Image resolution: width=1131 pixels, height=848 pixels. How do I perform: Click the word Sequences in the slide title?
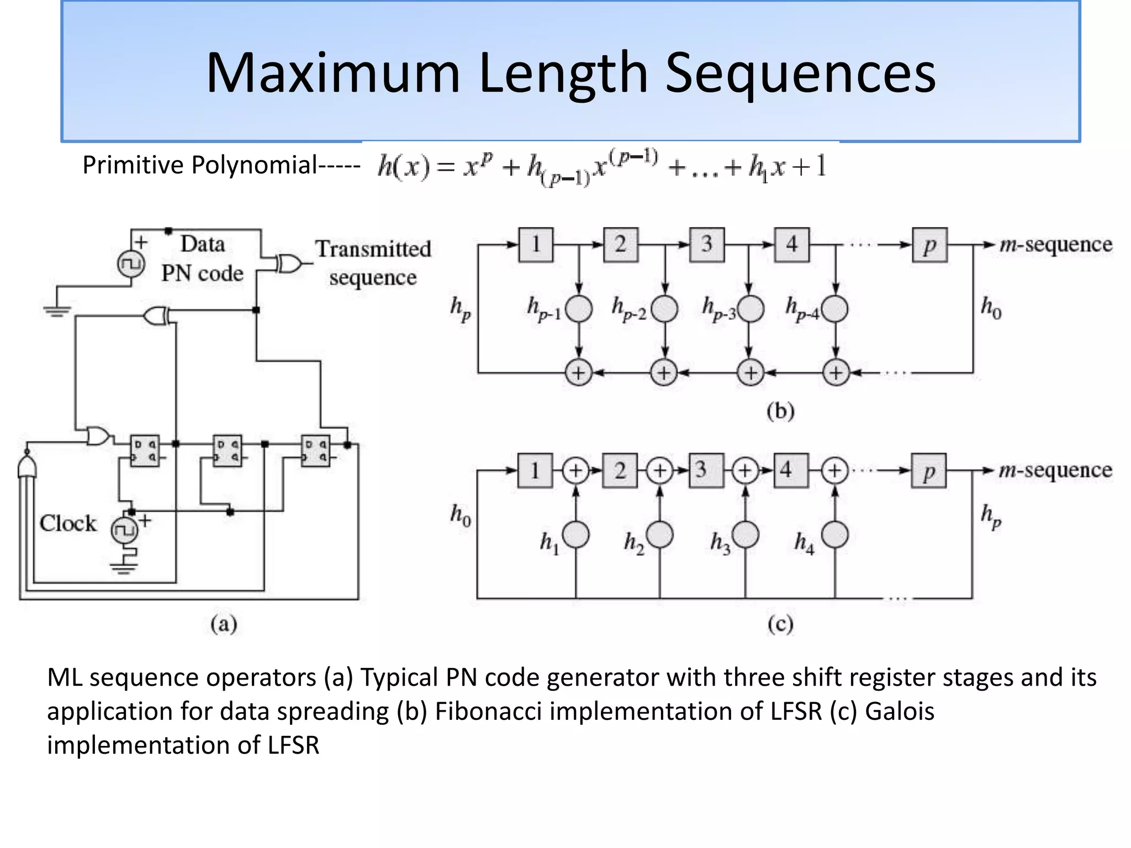coord(800,73)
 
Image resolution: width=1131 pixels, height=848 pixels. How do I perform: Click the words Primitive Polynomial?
coord(199,165)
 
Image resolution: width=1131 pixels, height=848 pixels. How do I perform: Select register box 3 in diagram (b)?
coord(707,245)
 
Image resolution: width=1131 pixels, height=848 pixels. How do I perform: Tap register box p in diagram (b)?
coord(929,245)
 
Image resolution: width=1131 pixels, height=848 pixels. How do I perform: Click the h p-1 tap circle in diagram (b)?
coord(579,309)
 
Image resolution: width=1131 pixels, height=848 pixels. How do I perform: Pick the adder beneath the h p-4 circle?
coord(836,373)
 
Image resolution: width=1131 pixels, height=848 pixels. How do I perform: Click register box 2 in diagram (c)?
coord(620,470)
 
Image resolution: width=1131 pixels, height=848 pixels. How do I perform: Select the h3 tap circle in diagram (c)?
coord(745,534)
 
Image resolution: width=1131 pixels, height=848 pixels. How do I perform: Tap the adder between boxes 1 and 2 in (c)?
coord(575,470)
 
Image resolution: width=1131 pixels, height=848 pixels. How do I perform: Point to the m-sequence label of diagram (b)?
coord(1055,245)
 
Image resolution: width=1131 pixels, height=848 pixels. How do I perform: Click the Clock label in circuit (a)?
coord(67,523)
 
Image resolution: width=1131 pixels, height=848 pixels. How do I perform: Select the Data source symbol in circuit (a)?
coord(131,264)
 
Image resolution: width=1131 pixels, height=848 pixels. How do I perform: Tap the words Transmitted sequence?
coord(373,263)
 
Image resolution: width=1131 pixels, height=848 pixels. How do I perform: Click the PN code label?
coord(202,273)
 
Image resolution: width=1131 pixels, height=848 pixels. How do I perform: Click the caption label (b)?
coord(780,411)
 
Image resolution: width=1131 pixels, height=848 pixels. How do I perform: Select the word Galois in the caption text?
coord(899,711)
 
